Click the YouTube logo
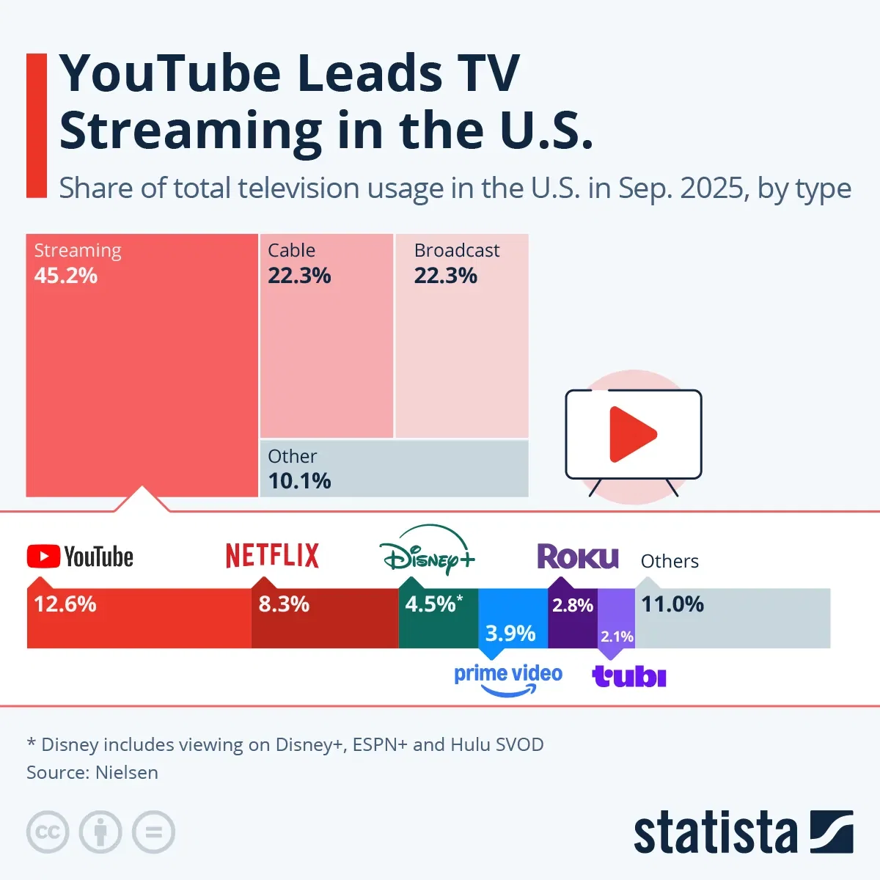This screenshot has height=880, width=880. click(80, 557)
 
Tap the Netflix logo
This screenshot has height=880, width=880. click(272, 556)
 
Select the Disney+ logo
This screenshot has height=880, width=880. click(428, 551)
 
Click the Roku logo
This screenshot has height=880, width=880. click(578, 557)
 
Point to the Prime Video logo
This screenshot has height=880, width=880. click(507, 678)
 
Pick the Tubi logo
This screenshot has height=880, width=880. click(629, 676)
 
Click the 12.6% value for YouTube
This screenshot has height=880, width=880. click(65, 604)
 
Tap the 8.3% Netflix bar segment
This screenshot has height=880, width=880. click(324, 623)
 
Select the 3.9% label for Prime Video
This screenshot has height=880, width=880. click(510, 633)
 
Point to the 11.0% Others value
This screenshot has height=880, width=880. click(672, 604)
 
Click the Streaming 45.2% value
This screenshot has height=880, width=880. click(66, 276)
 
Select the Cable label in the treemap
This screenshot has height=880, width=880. click(291, 250)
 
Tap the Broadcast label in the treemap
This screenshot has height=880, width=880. click(456, 250)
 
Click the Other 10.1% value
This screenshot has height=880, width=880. click(299, 481)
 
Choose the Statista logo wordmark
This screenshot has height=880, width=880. click(715, 833)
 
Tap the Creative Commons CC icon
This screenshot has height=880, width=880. click(48, 832)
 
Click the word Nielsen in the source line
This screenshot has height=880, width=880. click(126, 772)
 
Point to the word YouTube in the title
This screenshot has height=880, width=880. click(169, 73)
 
